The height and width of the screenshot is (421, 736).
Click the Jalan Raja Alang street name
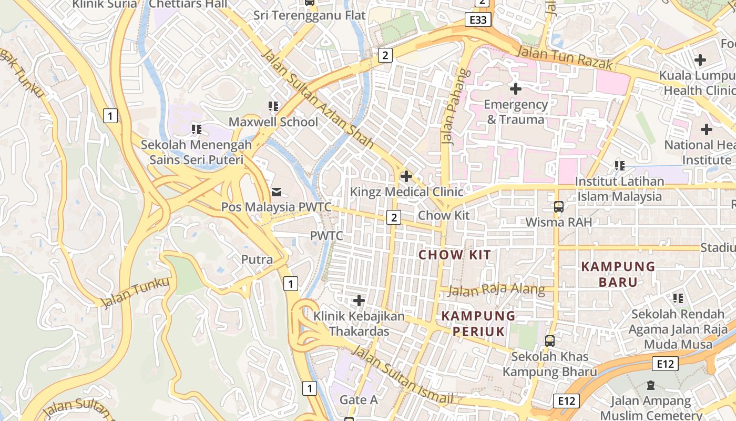tap(497, 290)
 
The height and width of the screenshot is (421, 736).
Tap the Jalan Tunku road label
tap(136, 293)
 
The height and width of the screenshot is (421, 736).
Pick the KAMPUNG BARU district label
tap(618, 274)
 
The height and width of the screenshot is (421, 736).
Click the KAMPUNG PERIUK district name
tap(478, 324)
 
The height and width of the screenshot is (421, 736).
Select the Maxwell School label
tap(273, 122)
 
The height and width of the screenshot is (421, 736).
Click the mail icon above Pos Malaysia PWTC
tap(277, 192)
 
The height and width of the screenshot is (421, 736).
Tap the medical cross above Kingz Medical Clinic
tap(406, 176)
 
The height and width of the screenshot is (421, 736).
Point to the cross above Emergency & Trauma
tap(515, 89)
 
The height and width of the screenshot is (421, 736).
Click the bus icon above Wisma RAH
tap(558, 207)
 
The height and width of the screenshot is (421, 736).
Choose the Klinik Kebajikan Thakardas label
tap(359, 324)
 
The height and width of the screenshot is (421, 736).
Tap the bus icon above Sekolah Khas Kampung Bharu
tap(550, 341)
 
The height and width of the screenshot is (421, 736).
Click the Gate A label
tap(359, 400)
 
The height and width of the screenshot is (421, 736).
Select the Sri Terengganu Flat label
tap(309, 15)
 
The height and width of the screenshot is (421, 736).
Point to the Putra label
tap(257, 259)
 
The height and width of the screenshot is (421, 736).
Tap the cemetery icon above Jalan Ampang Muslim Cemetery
tap(651, 386)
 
